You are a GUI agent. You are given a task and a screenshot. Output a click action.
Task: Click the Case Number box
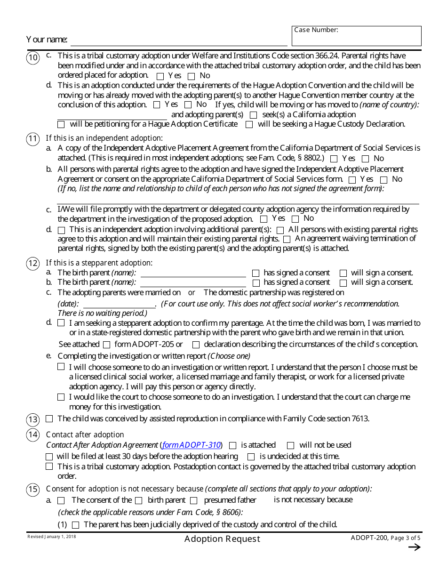(x=356, y=36)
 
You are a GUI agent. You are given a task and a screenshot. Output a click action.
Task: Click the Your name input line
(x=179, y=40)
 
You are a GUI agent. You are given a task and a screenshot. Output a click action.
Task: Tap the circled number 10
(x=33, y=58)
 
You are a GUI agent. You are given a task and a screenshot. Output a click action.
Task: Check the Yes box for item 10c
(x=160, y=76)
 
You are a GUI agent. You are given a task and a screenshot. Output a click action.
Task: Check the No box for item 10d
(x=188, y=105)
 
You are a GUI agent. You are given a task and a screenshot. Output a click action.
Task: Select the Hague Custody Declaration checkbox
(x=249, y=125)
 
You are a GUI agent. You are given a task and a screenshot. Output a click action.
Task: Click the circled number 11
(x=33, y=139)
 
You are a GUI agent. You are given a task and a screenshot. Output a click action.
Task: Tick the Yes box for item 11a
(x=334, y=159)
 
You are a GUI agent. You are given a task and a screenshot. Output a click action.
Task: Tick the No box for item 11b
(x=383, y=179)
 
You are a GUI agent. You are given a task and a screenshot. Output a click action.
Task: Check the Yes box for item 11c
(x=263, y=219)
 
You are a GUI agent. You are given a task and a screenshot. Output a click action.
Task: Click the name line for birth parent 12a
(x=193, y=273)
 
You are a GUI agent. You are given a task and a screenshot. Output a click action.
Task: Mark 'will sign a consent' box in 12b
(x=343, y=283)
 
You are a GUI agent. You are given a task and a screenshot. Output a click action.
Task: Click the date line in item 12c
(x=119, y=304)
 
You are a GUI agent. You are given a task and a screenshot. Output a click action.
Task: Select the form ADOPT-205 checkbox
(x=106, y=345)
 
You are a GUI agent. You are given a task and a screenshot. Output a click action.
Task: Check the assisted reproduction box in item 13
(x=49, y=419)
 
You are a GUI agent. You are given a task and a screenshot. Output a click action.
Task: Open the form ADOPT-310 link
(x=191, y=445)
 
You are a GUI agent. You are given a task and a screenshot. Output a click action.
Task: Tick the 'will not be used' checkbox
(x=290, y=445)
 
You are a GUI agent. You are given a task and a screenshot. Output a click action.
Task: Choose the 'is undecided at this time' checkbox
(x=251, y=457)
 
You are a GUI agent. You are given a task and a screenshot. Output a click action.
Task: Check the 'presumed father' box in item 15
(x=193, y=500)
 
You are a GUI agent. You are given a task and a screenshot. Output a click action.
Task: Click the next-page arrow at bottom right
(x=414, y=547)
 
